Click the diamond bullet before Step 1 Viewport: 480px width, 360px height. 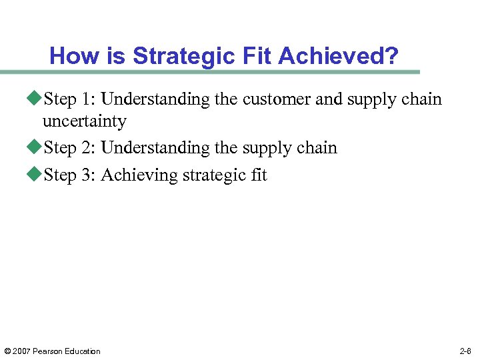37,99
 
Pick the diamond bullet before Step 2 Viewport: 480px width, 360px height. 37,148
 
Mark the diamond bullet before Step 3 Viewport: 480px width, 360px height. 37,175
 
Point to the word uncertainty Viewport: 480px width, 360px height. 84,121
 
